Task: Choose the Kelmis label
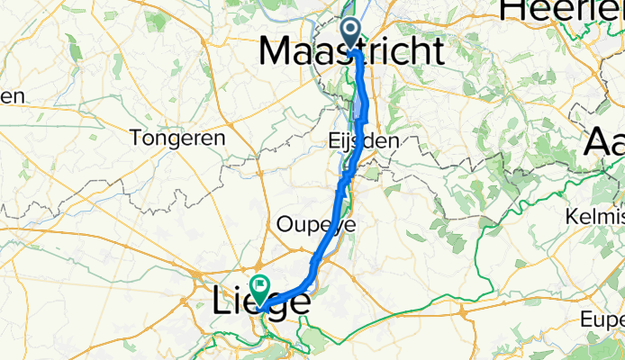[x=595, y=217]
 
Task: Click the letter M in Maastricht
[x=276, y=51]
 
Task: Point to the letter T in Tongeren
[x=135, y=138]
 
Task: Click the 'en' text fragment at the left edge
[x=11, y=96]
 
